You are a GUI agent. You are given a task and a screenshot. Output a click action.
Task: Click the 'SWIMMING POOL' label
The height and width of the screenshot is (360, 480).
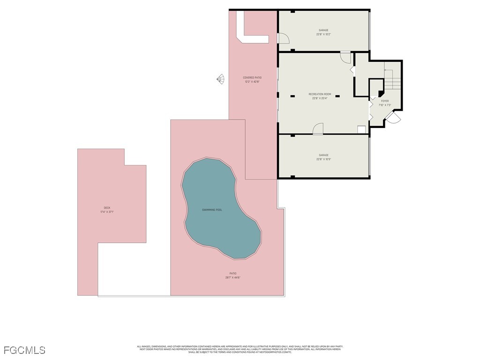(x=212, y=210)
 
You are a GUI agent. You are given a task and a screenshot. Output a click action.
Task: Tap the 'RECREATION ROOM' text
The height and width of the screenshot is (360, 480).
(x=320, y=94)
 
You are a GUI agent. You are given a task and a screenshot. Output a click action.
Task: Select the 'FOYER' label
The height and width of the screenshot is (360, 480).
(x=384, y=101)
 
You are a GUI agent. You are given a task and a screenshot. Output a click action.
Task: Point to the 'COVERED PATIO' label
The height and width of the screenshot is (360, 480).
(x=252, y=77)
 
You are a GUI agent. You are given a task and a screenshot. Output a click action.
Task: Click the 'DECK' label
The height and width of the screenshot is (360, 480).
(x=107, y=208)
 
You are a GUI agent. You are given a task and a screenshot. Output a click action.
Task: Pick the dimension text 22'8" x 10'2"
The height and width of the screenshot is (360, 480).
(x=323, y=34)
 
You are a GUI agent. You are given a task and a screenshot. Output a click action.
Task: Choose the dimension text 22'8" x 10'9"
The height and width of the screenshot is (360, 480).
(x=323, y=159)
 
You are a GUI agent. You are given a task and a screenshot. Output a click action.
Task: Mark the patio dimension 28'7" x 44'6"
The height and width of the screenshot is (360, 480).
(x=232, y=277)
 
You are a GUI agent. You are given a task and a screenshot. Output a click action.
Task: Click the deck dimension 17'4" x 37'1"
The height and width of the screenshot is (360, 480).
(x=107, y=212)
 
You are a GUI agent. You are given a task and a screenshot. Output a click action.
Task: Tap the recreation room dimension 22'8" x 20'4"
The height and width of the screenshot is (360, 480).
(x=320, y=98)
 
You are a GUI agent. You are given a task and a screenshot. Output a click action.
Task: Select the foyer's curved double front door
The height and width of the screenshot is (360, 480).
(x=393, y=117)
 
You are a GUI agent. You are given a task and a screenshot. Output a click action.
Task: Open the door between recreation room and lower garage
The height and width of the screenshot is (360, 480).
(x=318, y=129)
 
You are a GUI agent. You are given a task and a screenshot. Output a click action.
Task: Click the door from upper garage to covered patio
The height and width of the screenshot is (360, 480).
(x=284, y=38)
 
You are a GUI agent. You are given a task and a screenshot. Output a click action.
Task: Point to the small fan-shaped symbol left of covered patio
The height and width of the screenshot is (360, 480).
(x=220, y=79)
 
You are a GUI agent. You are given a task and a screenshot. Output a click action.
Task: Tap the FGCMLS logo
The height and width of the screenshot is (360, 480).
(x=24, y=350)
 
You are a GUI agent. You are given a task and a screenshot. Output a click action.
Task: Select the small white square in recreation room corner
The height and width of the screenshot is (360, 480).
(x=361, y=130)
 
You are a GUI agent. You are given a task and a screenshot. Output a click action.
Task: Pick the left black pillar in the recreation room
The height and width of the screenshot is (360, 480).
(x=292, y=96)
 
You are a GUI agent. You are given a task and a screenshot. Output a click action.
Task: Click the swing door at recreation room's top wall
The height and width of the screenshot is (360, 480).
(x=345, y=57)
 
